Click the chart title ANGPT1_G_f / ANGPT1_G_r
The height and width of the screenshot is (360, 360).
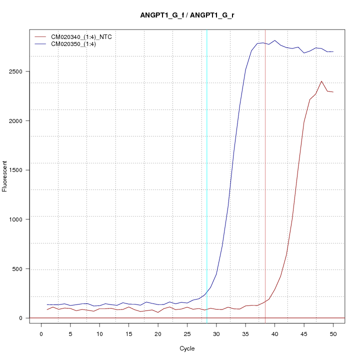tap(187, 15)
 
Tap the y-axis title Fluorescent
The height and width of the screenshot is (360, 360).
tap(5, 176)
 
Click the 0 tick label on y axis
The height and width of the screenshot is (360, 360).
tap(21, 317)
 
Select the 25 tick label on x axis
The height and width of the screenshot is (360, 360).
tap(187, 333)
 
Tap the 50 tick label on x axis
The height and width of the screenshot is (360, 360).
tap(333, 333)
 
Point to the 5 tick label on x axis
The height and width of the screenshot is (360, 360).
tap(70, 333)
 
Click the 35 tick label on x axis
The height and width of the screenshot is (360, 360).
tap(245, 333)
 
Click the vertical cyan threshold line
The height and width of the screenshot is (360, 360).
tap(207, 175)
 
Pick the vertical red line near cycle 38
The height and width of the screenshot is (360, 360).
tap(265, 175)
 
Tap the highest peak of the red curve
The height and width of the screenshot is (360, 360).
tap(321, 81)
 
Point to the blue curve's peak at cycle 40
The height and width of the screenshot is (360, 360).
tap(274, 40)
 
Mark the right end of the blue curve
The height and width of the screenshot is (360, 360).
tap(333, 51)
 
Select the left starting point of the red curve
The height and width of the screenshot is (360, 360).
tap(47, 309)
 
